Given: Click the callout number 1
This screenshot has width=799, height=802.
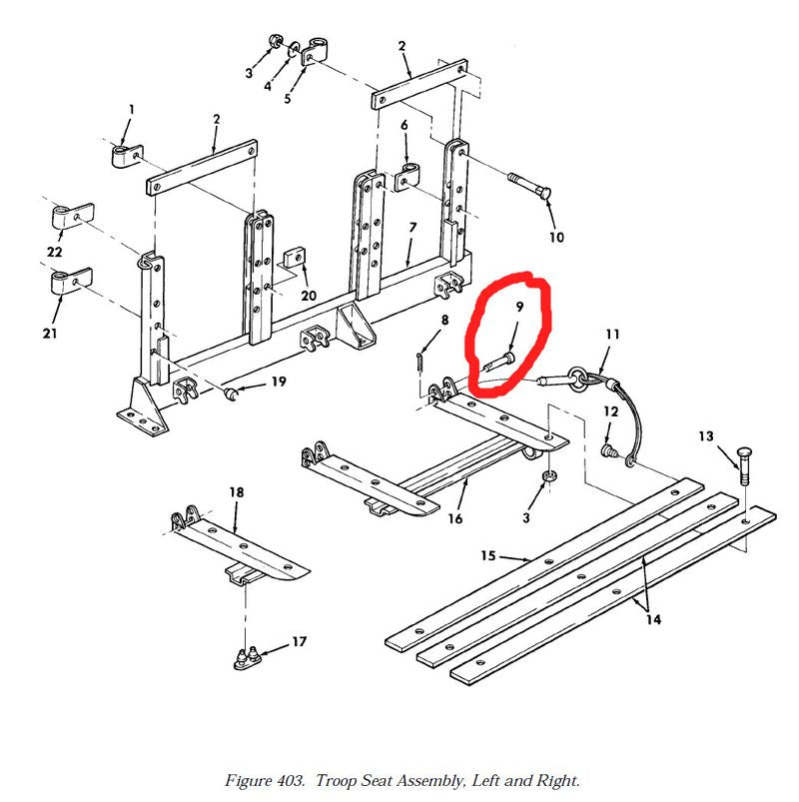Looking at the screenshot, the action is [132, 110].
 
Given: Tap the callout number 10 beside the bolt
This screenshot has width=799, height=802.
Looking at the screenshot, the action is [556, 238].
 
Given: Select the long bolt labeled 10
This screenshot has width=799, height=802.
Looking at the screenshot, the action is [530, 186].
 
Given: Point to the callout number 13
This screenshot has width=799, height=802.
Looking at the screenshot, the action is [706, 436].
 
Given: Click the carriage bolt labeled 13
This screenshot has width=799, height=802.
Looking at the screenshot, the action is [744, 465].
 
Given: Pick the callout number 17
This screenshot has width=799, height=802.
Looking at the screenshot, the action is [300, 641].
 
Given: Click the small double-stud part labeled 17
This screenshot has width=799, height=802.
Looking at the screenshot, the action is [247, 658].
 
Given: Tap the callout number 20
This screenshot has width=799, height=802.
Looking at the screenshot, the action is [309, 295].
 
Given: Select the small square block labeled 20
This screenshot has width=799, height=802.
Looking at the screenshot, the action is [294, 258].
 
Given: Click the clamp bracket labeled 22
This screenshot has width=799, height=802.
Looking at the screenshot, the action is [73, 216].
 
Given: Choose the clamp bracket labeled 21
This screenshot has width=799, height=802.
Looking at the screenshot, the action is [72, 281].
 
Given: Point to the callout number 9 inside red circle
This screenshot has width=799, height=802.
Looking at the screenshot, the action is [519, 307].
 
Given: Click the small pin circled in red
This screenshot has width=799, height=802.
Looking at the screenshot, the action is [499, 362].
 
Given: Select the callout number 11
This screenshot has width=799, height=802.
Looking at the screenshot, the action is [613, 335].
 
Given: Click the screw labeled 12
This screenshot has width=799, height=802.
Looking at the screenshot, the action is [608, 450].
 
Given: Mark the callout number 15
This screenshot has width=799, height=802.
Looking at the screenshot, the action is [488, 555].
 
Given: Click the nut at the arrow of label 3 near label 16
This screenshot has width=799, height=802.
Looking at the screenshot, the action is [549, 476].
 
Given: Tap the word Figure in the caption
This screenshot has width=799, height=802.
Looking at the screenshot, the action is [248, 781].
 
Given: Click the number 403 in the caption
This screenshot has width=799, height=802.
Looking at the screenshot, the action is [291, 780].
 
